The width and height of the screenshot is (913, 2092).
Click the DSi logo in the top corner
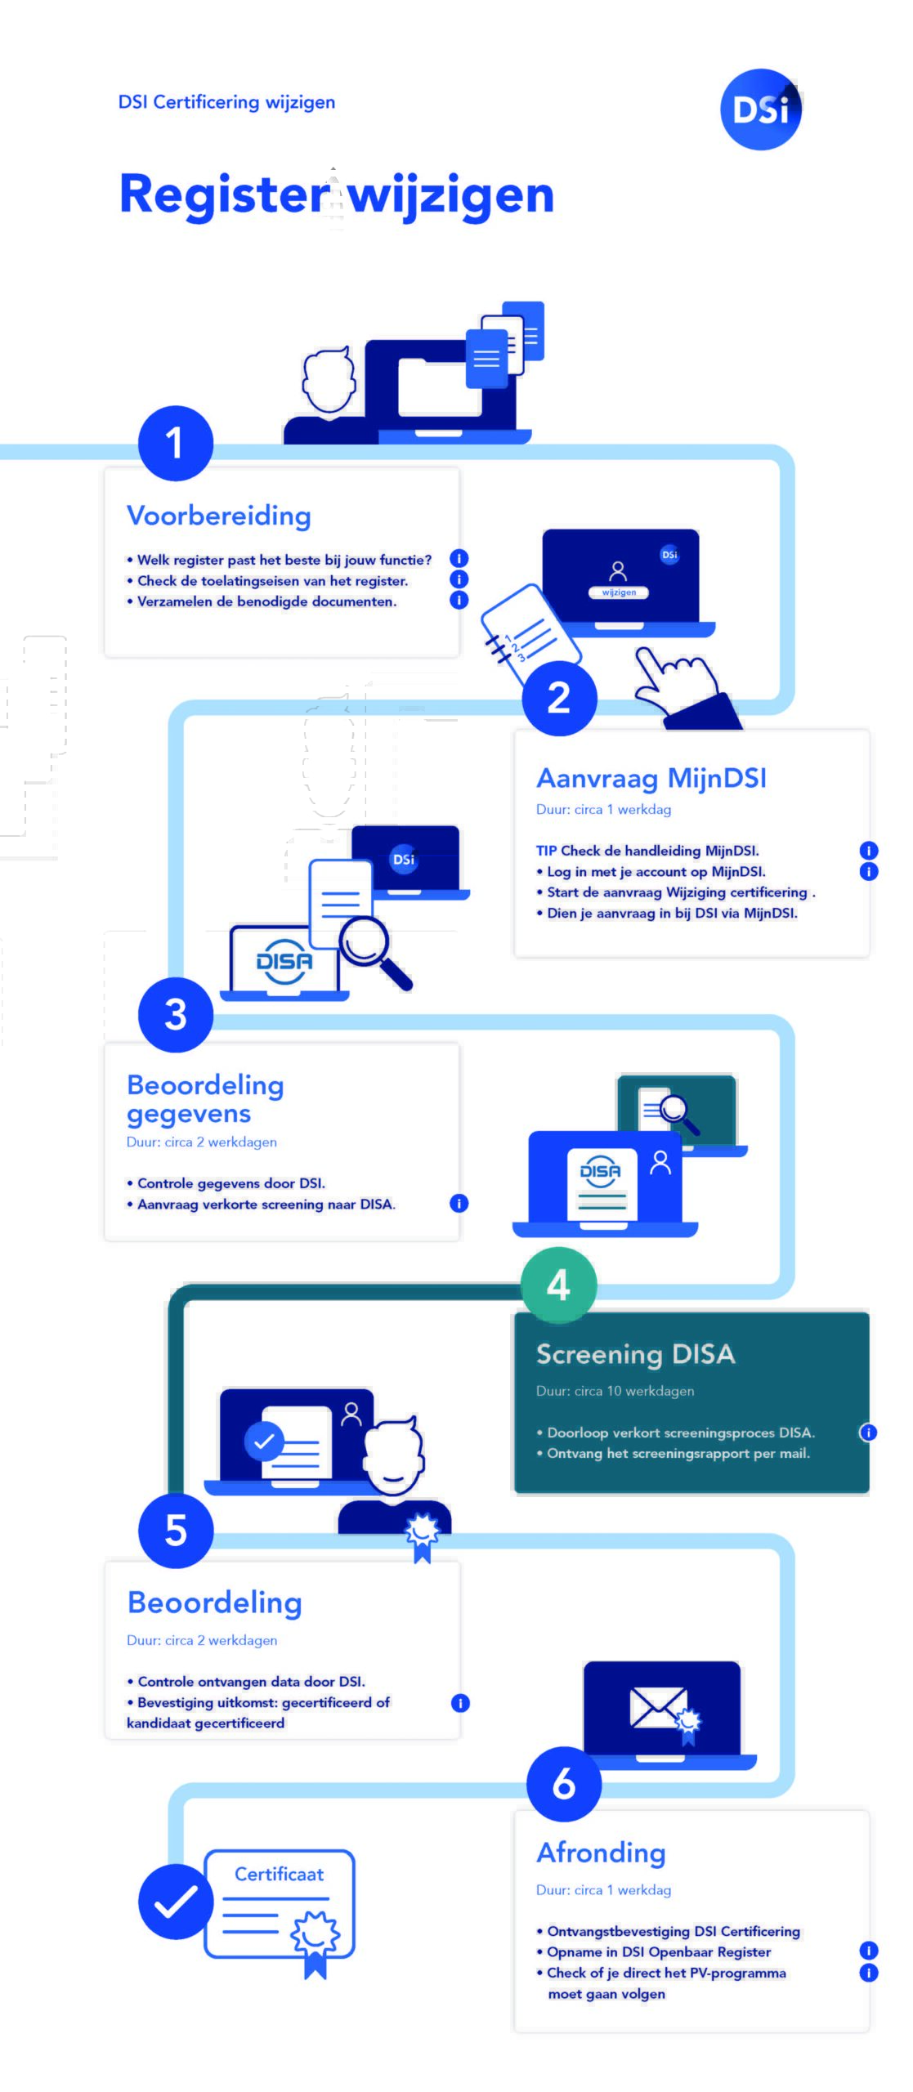(760, 110)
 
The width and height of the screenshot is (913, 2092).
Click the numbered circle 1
(175, 443)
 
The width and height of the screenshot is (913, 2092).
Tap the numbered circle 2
(559, 698)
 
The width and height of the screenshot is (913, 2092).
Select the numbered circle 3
(175, 1014)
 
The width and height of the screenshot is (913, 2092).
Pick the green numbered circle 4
(559, 1285)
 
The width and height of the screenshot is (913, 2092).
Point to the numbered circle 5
(175, 1531)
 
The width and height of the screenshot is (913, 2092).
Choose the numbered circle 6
(564, 1784)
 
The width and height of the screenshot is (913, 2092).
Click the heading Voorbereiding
(219, 516)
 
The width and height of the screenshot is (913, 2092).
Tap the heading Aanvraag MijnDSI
(651, 778)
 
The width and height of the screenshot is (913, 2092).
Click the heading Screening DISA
(635, 1354)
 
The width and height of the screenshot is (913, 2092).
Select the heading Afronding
(601, 1853)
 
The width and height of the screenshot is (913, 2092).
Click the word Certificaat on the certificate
(279, 1874)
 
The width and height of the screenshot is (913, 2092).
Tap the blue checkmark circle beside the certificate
(175, 1902)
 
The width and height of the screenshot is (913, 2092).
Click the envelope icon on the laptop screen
(657, 1708)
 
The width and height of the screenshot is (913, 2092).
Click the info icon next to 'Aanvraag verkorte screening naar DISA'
(459, 1203)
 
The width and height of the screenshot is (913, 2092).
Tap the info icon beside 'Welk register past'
(459, 559)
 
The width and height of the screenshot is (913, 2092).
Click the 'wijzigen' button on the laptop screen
(619, 592)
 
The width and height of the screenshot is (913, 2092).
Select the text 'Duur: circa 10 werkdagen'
(615, 1391)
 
